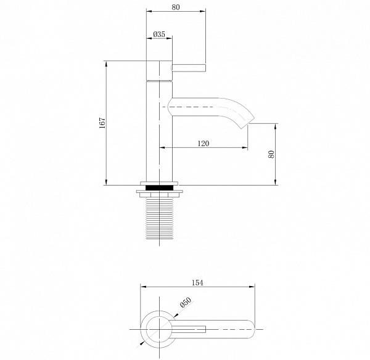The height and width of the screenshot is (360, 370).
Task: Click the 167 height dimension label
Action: [102, 123]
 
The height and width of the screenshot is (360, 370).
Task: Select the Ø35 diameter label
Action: [159, 35]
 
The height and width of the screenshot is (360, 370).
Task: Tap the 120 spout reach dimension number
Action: [203, 144]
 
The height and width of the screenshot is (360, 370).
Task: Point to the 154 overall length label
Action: [197, 282]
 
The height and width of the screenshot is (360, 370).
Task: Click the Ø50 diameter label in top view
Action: [186, 303]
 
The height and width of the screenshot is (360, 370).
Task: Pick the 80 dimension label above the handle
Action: [176, 7]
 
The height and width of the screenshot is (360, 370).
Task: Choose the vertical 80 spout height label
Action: [271, 154]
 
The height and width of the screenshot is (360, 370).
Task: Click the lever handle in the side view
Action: [189, 67]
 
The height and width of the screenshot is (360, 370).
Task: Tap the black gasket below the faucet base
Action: [159, 188]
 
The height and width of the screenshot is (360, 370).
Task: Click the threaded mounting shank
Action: [159, 218]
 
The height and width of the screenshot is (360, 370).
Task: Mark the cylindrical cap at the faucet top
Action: [159, 70]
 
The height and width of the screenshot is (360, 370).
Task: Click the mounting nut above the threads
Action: [159, 194]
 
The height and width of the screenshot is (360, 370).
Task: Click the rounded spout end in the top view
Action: [252, 329]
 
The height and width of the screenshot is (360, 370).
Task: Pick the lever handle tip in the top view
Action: [205, 329]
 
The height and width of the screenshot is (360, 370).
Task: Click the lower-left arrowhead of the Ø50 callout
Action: [142, 343]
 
